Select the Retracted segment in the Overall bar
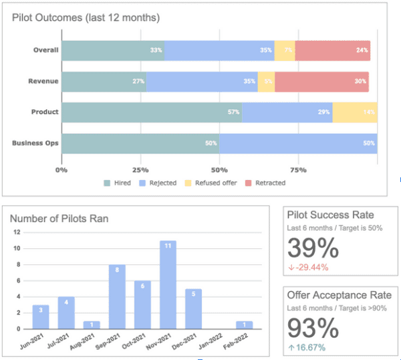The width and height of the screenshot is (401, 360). (332, 50)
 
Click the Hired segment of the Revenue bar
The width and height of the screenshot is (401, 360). (104, 82)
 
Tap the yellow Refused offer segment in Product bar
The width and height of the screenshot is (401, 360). (355, 112)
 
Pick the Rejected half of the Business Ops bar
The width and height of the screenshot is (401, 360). (298, 143)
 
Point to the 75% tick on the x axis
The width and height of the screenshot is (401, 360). (298, 170)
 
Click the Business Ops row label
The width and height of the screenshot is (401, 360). (35, 143)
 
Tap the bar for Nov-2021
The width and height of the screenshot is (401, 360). (168, 284)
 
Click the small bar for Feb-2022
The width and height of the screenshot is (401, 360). (245, 325)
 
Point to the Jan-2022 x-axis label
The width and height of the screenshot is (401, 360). (216, 341)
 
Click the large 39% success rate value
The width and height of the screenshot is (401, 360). (313, 249)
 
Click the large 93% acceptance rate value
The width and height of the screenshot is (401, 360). (313, 329)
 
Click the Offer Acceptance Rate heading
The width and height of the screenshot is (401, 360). (339, 295)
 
